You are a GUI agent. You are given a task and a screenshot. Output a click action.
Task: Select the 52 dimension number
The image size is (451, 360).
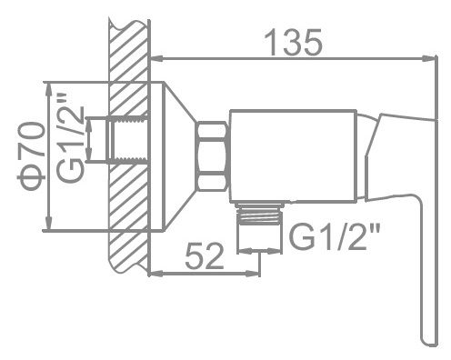coord(205,257)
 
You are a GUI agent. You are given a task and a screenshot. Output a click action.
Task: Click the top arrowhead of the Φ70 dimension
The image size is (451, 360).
coord(47,86)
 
